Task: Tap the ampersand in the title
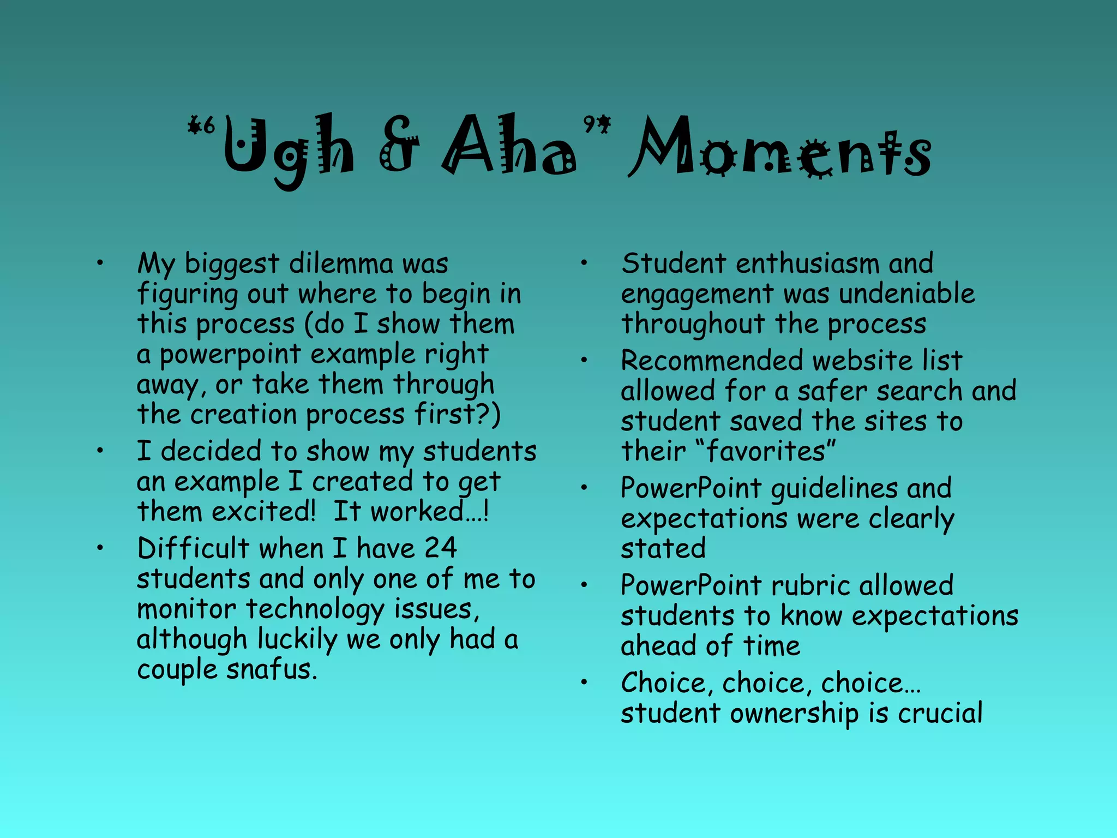(x=399, y=145)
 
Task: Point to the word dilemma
(x=341, y=264)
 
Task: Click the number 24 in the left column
(x=440, y=548)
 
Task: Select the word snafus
(x=271, y=669)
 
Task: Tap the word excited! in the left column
(x=263, y=512)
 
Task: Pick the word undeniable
(x=906, y=294)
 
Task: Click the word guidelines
(x=834, y=489)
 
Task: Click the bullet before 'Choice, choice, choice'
(x=584, y=683)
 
